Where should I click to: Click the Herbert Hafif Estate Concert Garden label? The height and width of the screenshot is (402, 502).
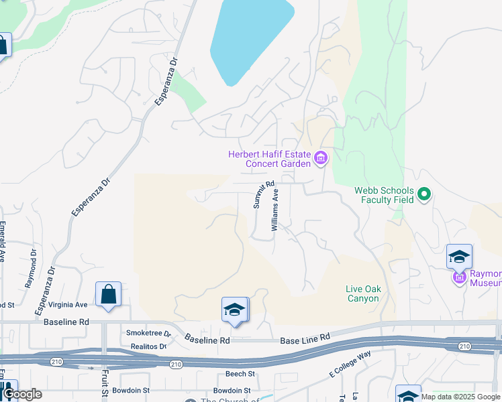pos(269,159)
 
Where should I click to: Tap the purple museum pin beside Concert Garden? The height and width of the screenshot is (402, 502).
pos(321,159)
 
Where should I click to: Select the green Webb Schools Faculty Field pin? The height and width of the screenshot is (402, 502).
pos(423,195)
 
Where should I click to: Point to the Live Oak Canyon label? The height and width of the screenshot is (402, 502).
pos(363,293)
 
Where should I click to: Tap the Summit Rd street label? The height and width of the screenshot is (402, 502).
pos(264,195)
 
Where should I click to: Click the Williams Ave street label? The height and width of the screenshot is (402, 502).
pos(275,210)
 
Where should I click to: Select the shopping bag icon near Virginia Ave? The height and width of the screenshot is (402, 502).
pos(108,294)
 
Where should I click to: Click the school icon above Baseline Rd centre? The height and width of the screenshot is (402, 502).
pos(235,310)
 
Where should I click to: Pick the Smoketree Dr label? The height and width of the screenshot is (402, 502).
pos(148,333)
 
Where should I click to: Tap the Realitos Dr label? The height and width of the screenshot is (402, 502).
pos(148,346)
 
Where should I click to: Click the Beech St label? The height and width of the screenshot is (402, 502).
pos(242,374)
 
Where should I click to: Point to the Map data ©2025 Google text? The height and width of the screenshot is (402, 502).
pos(460,397)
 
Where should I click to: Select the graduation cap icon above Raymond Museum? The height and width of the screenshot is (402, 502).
pos(460,256)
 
